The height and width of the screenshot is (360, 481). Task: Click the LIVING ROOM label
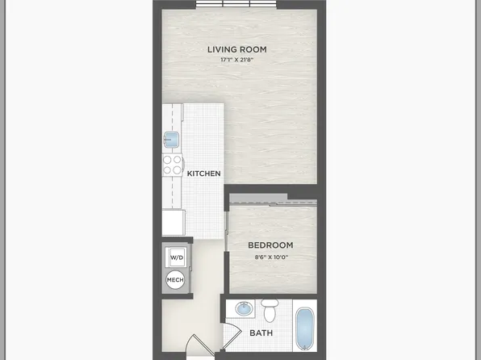point(236,49)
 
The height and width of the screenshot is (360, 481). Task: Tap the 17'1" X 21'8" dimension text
point(236,60)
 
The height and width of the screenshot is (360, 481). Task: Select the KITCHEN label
point(204,174)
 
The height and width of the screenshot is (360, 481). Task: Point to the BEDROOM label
point(270,245)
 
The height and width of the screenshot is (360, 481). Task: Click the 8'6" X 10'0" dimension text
point(270,257)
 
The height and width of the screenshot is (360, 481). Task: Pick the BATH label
point(261,333)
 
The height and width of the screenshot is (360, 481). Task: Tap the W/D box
point(176,257)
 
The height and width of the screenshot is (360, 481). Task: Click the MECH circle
point(175,280)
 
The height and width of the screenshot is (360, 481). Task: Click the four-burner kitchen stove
point(172,165)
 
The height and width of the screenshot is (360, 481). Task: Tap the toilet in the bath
point(270,309)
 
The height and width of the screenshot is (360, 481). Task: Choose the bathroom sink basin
point(243,309)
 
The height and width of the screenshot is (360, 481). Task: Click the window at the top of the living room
point(236,4)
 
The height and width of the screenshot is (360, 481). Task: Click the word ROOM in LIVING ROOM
point(253,49)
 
